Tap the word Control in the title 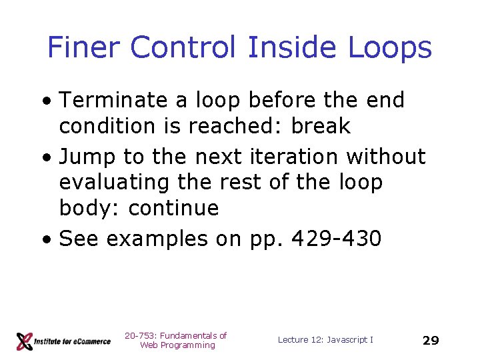tap(183, 48)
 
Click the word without tap(386, 157)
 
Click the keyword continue tap(173, 209)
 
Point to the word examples tap(157, 239)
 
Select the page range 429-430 tap(340, 239)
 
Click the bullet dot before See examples tap(47, 239)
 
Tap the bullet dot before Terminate tap(47, 101)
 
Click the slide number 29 tap(431, 341)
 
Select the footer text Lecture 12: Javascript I tap(325, 340)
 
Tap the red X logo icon tap(24, 341)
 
